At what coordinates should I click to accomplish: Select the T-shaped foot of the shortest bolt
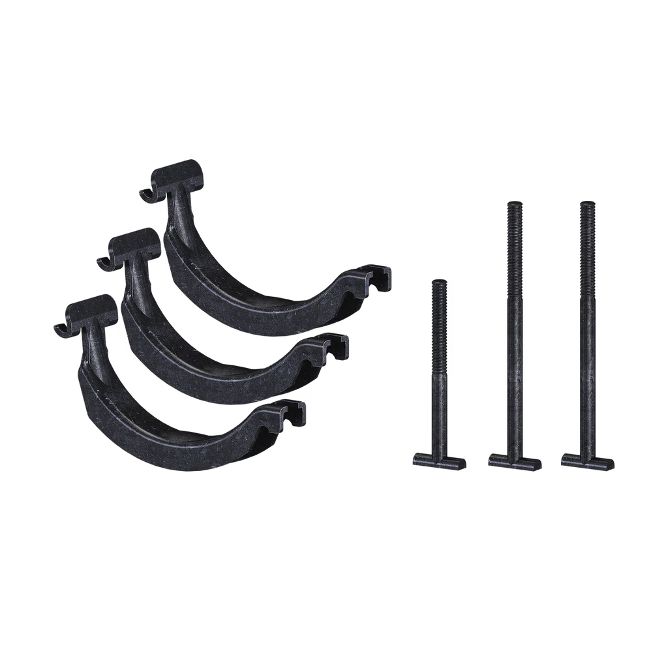tap(440, 461)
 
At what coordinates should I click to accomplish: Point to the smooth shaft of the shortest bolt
tap(440, 391)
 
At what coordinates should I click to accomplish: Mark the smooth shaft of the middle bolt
tap(515, 359)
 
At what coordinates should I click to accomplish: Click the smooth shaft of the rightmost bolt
tap(588, 359)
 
